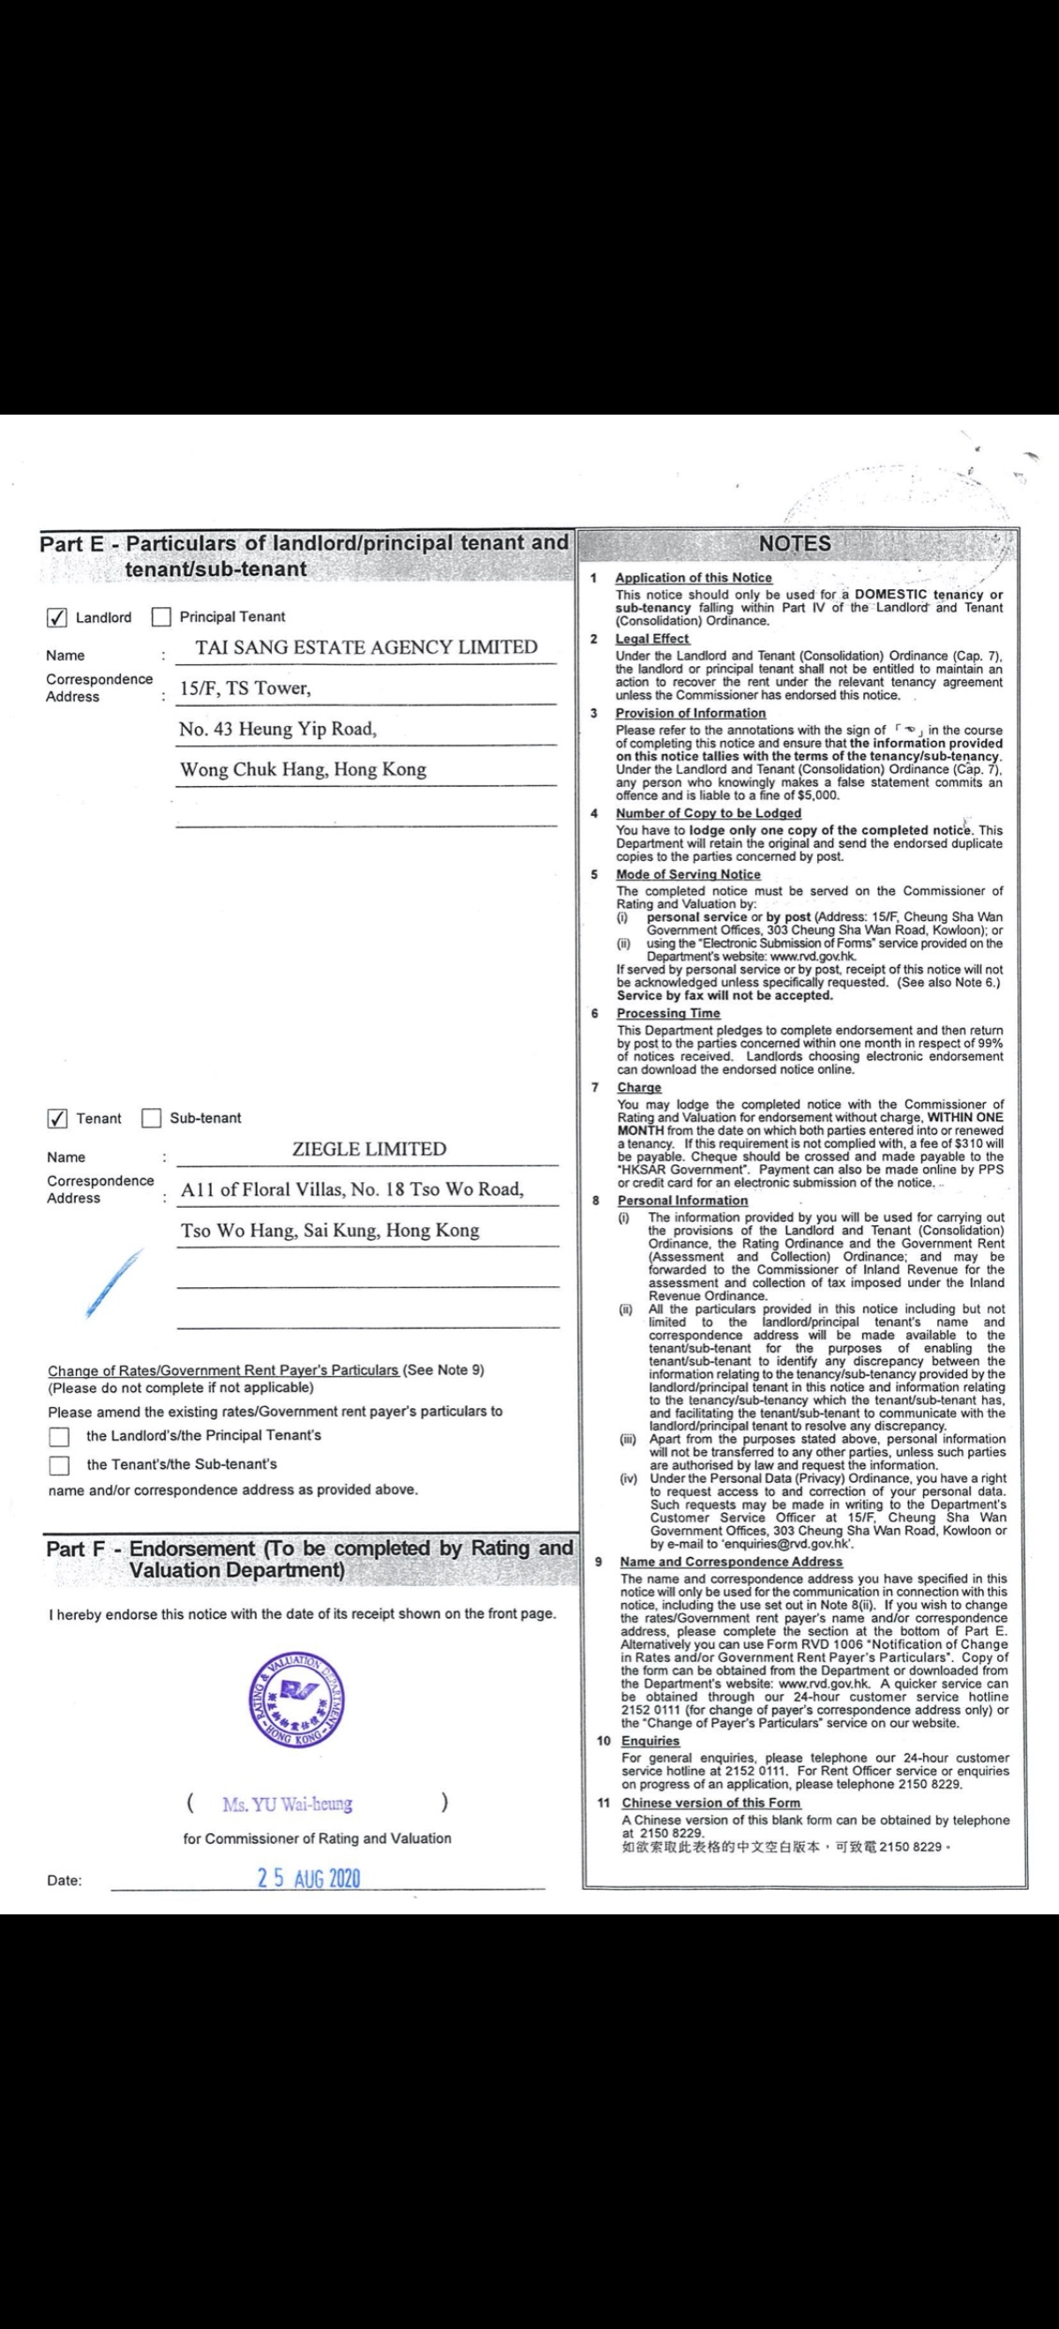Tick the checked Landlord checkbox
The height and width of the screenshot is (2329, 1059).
(x=56, y=618)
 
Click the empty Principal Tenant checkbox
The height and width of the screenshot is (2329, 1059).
(x=161, y=618)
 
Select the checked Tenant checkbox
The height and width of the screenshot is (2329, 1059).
(x=57, y=1119)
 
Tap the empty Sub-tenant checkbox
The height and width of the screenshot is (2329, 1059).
(x=151, y=1119)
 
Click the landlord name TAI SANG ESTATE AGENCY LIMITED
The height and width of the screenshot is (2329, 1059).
(x=366, y=648)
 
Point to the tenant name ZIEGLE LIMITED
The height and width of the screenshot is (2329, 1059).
(x=369, y=1150)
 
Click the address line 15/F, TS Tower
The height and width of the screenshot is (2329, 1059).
(x=245, y=688)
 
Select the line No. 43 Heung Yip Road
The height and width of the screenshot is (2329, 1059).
(x=278, y=729)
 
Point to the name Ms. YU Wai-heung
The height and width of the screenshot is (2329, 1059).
(x=288, y=1804)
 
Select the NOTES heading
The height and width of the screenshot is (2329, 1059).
(x=794, y=543)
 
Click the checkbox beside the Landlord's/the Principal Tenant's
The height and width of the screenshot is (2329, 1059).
(x=60, y=1436)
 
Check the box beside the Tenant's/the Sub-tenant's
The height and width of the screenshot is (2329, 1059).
(x=60, y=1465)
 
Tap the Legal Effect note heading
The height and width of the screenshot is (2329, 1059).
(x=652, y=639)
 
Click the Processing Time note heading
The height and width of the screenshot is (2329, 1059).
(x=668, y=1014)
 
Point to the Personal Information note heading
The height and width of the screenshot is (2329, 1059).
(x=683, y=1201)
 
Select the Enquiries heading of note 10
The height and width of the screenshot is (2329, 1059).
(x=650, y=1741)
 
